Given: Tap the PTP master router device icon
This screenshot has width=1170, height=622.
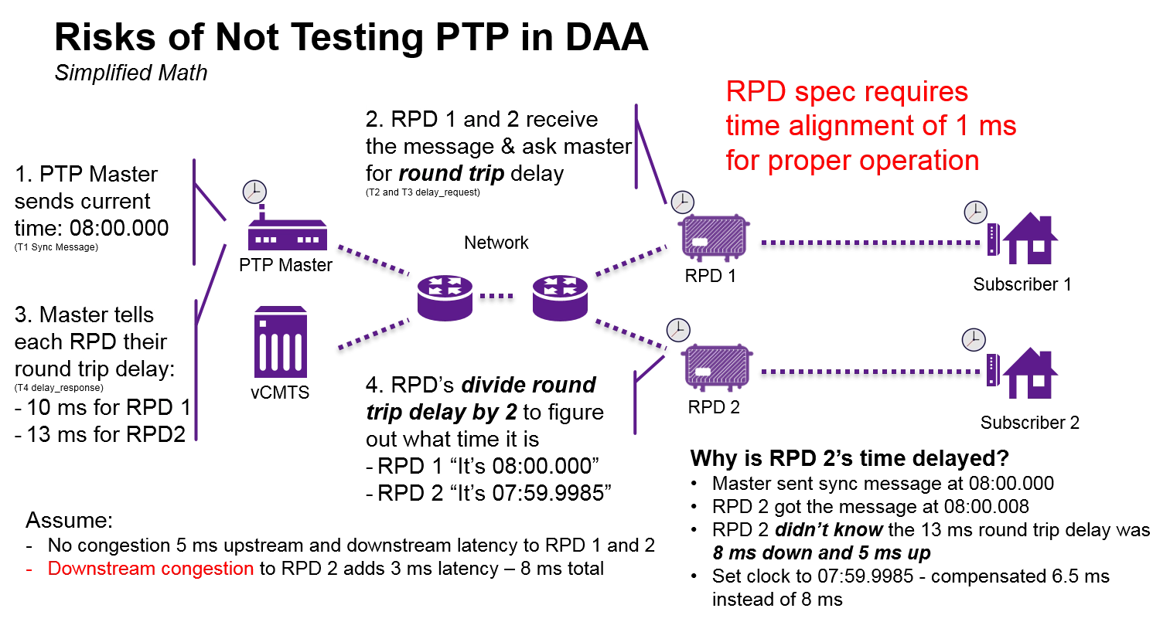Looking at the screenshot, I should pyautogui.click(x=287, y=236).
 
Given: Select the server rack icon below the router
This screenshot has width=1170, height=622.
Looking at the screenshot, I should pyautogui.click(x=281, y=343).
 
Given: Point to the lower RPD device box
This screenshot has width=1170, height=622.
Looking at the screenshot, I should pyautogui.click(x=718, y=365).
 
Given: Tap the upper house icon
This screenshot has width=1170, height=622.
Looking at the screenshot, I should pyautogui.click(x=1031, y=240).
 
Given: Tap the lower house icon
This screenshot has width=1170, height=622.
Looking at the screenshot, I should pyautogui.click(x=1031, y=373).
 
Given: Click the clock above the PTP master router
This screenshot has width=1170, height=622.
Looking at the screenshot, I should pyautogui.click(x=254, y=192).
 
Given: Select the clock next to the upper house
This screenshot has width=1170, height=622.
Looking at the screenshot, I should pyautogui.click(x=975, y=212).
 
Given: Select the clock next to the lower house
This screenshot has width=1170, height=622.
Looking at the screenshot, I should pyautogui.click(x=973, y=340).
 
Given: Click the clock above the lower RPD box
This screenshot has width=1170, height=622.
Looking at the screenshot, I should pyautogui.click(x=677, y=330).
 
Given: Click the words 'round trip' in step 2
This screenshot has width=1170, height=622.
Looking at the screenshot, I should pyautogui.click(x=451, y=173).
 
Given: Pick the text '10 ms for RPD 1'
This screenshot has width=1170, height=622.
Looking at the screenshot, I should pyautogui.click(x=107, y=408).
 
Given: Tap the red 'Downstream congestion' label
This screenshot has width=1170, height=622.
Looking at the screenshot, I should pyautogui.click(x=150, y=569).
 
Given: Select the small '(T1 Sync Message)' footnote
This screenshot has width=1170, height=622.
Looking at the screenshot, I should pyautogui.click(x=56, y=247).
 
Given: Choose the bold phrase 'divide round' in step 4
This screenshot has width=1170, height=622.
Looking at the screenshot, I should pyautogui.click(x=528, y=385).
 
